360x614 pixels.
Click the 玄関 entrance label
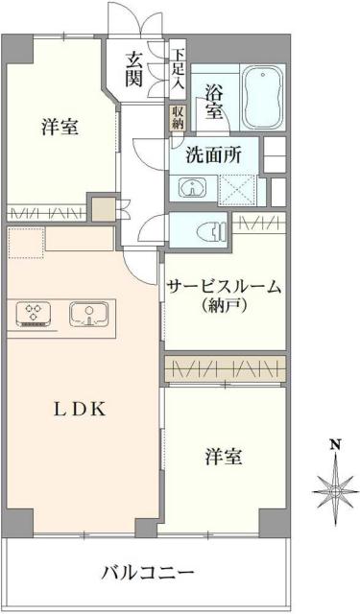(x=134, y=69)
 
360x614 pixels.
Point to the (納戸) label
(x=222, y=307)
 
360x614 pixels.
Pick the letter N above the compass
(x=334, y=444)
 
